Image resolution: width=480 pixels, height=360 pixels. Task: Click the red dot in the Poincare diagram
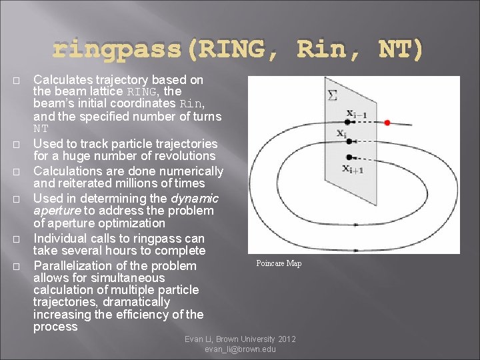[387, 123]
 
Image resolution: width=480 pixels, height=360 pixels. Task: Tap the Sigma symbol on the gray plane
[332, 97]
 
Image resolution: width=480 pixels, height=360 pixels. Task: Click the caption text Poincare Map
[279, 263]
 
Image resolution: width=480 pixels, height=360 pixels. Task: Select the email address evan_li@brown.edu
[241, 350]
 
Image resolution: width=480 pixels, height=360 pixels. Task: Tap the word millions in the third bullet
[146, 183]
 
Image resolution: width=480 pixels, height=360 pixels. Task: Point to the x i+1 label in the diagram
[353, 169]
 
